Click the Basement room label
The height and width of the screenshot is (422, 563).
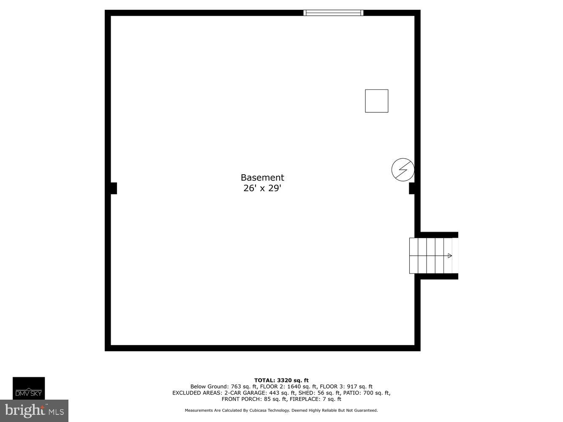pos(262,178)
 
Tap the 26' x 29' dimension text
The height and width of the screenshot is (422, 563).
pos(262,188)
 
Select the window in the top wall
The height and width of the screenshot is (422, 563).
pos(333,13)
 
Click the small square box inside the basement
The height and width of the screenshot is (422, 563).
pos(376,101)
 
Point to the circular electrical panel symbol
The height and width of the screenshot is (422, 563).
pos(403,170)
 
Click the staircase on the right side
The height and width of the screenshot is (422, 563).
pos(431,256)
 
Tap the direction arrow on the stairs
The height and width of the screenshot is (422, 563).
pos(449,256)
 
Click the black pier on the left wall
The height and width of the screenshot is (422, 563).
pos(113,188)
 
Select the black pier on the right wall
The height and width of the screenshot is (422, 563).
pos(412,188)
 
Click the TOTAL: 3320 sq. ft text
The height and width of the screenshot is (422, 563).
pos(281,380)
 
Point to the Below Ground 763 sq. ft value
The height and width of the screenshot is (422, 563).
pos(224,387)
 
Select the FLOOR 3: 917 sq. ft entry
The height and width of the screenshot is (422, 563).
pos(346,387)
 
